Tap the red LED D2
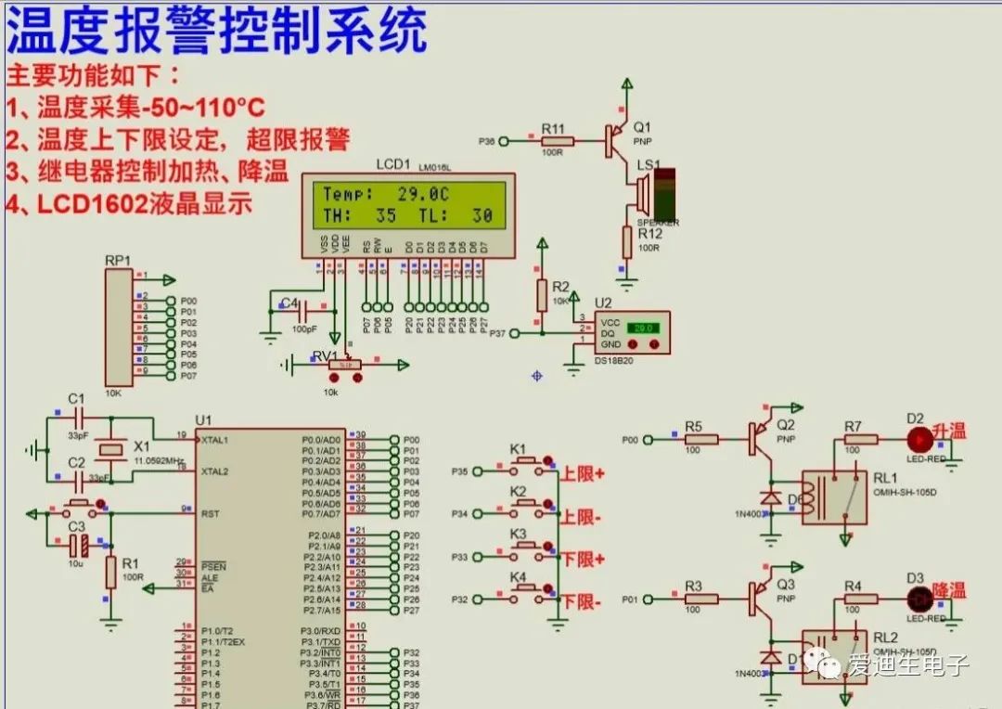pyautogui.click(x=919, y=439)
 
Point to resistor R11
pyautogui.click(x=557, y=141)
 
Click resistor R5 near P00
pyautogui.click(x=700, y=439)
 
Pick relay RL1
pyautogui.click(x=834, y=496)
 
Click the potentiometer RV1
pyautogui.click(x=345, y=366)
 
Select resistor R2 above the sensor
pyautogui.click(x=542, y=296)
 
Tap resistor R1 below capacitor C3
pyautogui.click(x=110, y=572)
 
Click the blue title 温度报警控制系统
pyautogui.click(x=217, y=32)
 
